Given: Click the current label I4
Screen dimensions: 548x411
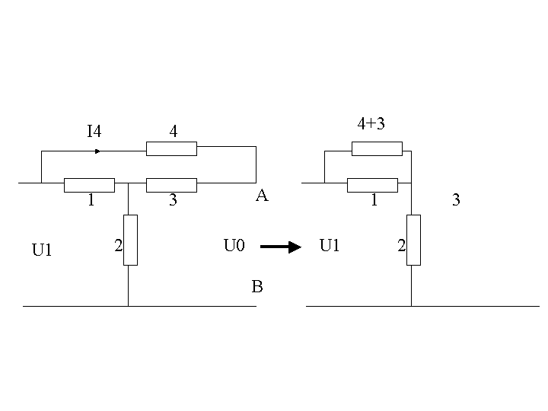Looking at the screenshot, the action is pos(94,132).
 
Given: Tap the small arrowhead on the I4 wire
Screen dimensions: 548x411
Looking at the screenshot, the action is pos(97,151).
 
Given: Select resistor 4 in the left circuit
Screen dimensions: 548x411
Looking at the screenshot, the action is pos(171,149).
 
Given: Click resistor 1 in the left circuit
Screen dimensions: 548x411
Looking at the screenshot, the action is pos(89,185).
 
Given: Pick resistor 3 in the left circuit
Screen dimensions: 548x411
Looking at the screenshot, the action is pos(171,185).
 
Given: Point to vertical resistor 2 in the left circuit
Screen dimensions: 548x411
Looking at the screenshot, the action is pos(130,240).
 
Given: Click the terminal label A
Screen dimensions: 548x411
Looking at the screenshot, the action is pos(262,196).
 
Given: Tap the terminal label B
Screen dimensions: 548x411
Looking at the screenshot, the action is pos(257,287).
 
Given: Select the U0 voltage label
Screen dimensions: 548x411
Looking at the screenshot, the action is pos(234,245).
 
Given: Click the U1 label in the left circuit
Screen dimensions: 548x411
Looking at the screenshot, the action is pos(42,250).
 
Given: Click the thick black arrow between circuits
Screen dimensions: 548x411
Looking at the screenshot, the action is pos(281,247).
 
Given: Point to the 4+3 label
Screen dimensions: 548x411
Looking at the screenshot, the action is pos(371,124).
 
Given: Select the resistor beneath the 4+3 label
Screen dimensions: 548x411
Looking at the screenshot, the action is pos(377,149).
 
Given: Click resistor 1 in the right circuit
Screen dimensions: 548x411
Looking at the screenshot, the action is pos(372,185).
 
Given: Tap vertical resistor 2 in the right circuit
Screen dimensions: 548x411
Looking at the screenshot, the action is pos(413,240).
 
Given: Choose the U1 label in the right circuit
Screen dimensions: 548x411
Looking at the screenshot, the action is pos(330,245).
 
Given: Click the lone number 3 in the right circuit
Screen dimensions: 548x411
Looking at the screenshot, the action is pos(456,200).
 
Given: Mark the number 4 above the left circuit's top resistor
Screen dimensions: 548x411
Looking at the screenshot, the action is pos(174,132).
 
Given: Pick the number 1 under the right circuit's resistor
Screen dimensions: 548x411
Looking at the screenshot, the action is pos(374,200).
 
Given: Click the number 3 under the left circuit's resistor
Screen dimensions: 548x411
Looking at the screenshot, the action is pos(173,200).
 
